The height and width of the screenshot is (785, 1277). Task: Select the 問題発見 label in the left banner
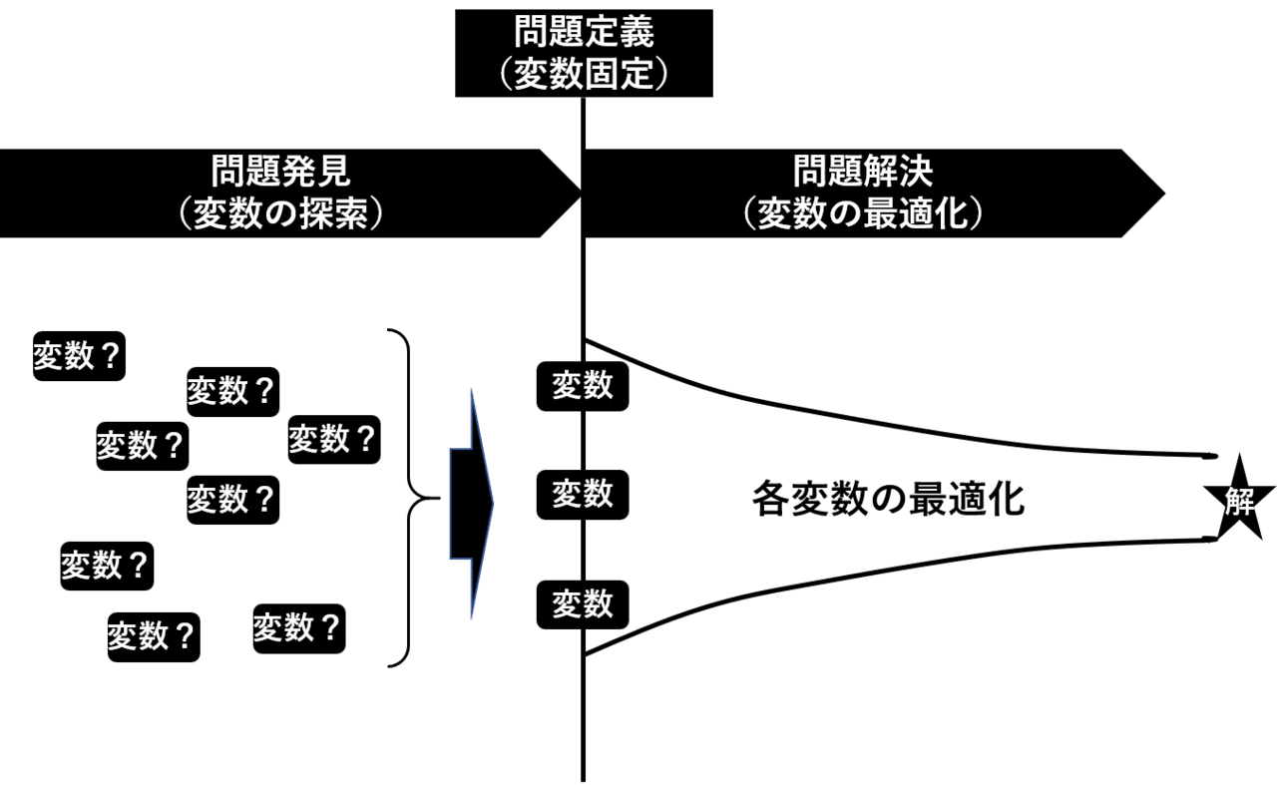point(281,172)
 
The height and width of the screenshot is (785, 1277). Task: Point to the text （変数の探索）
point(281,214)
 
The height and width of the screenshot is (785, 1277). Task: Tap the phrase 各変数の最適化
point(888,499)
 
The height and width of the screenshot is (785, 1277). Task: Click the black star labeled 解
point(1239,501)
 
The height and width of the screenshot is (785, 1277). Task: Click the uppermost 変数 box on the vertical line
point(583,385)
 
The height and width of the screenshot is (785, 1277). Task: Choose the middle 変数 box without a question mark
point(583,494)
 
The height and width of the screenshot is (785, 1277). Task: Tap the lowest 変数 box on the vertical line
point(583,603)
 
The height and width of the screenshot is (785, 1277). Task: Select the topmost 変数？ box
point(80,356)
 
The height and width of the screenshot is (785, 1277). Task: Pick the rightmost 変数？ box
point(334,438)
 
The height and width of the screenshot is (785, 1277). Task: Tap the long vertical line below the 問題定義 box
point(584,718)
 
